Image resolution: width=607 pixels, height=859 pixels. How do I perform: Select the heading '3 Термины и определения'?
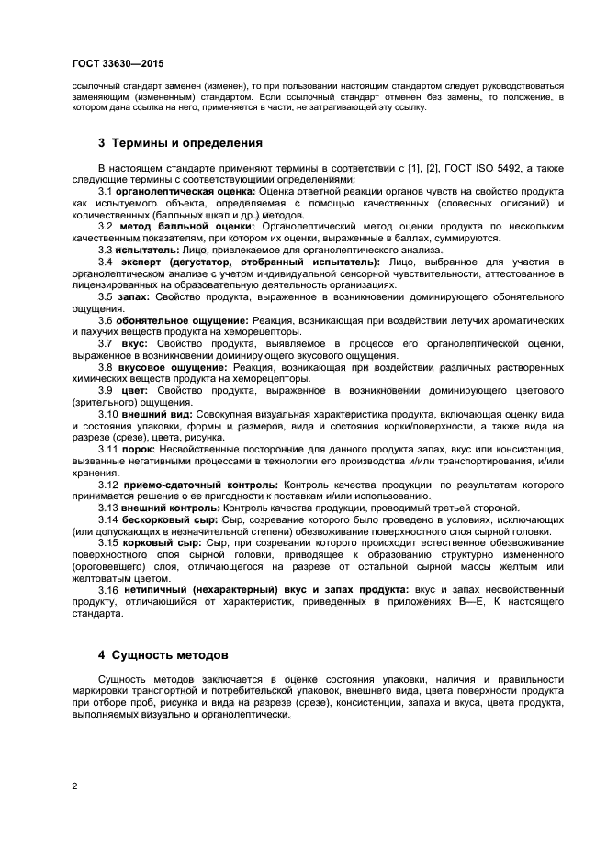click(x=180, y=143)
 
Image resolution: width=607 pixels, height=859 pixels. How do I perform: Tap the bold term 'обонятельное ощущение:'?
click(x=175, y=320)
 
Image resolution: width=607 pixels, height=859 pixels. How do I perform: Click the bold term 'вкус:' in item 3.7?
click(x=133, y=343)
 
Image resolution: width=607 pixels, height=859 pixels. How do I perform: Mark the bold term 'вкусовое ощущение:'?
click(x=165, y=367)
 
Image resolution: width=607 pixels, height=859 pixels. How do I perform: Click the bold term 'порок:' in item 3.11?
click(x=138, y=450)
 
